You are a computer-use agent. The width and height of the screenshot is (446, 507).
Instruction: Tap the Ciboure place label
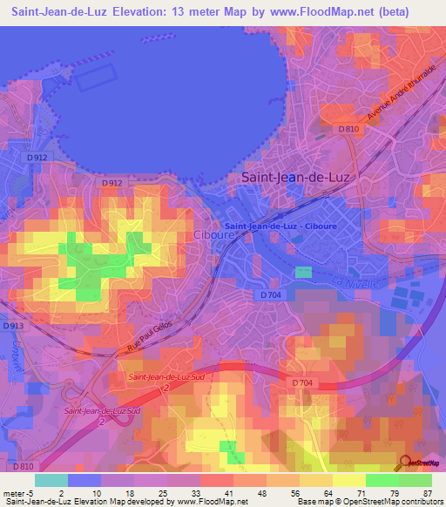pos(210,237)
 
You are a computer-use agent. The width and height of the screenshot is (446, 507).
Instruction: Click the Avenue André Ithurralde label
pos(400,92)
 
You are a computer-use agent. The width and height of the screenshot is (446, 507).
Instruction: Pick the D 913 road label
pos(11,326)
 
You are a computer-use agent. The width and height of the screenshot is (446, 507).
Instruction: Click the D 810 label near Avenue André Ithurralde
pos(348,130)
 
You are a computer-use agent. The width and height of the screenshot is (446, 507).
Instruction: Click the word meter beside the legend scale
pos(15,493)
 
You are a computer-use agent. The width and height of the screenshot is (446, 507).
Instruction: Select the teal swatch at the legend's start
pos(51,480)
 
